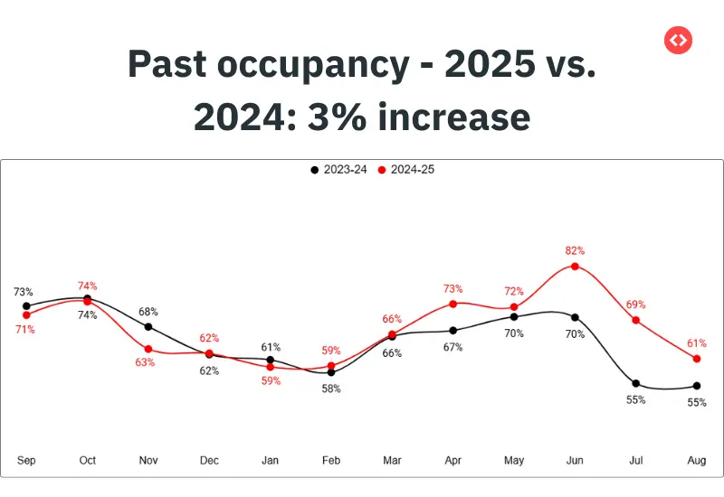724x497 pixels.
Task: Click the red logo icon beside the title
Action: pyautogui.click(x=677, y=40)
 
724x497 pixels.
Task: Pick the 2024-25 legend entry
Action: pyautogui.click(x=406, y=169)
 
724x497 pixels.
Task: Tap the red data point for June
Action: pyautogui.click(x=575, y=267)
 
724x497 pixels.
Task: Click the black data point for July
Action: pyautogui.click(x=636, y=383)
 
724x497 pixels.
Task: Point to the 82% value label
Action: pyautogui.click(x=575, y=250)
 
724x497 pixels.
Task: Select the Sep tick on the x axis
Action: pyautogui.click(x=26, y=461)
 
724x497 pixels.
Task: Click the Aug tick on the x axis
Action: pyautogui.click(x=696, y=461)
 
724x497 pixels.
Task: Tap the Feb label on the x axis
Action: pyautogui.click(x=331, y=461)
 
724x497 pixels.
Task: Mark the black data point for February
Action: pyautogui.click(x=331, y=372)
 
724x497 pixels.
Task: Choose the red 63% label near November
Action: pyautogui.click(x=146, y=362)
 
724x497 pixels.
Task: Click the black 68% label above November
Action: pyautogui.click(x=148, y=312)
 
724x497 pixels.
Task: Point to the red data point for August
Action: pyautogui.click(x=696, y=359)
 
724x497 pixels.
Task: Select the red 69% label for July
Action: pyautogui.click(x=636, y=305)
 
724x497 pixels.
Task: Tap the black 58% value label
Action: pyautogui.click(x=331, y=389)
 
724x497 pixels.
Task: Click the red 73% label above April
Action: pyautogui.click(x=453, y=288)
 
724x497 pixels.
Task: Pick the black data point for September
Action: pyautogui.click(x=26, y=306)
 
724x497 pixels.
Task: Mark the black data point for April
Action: pyautogui.click(x=453, y=331)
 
